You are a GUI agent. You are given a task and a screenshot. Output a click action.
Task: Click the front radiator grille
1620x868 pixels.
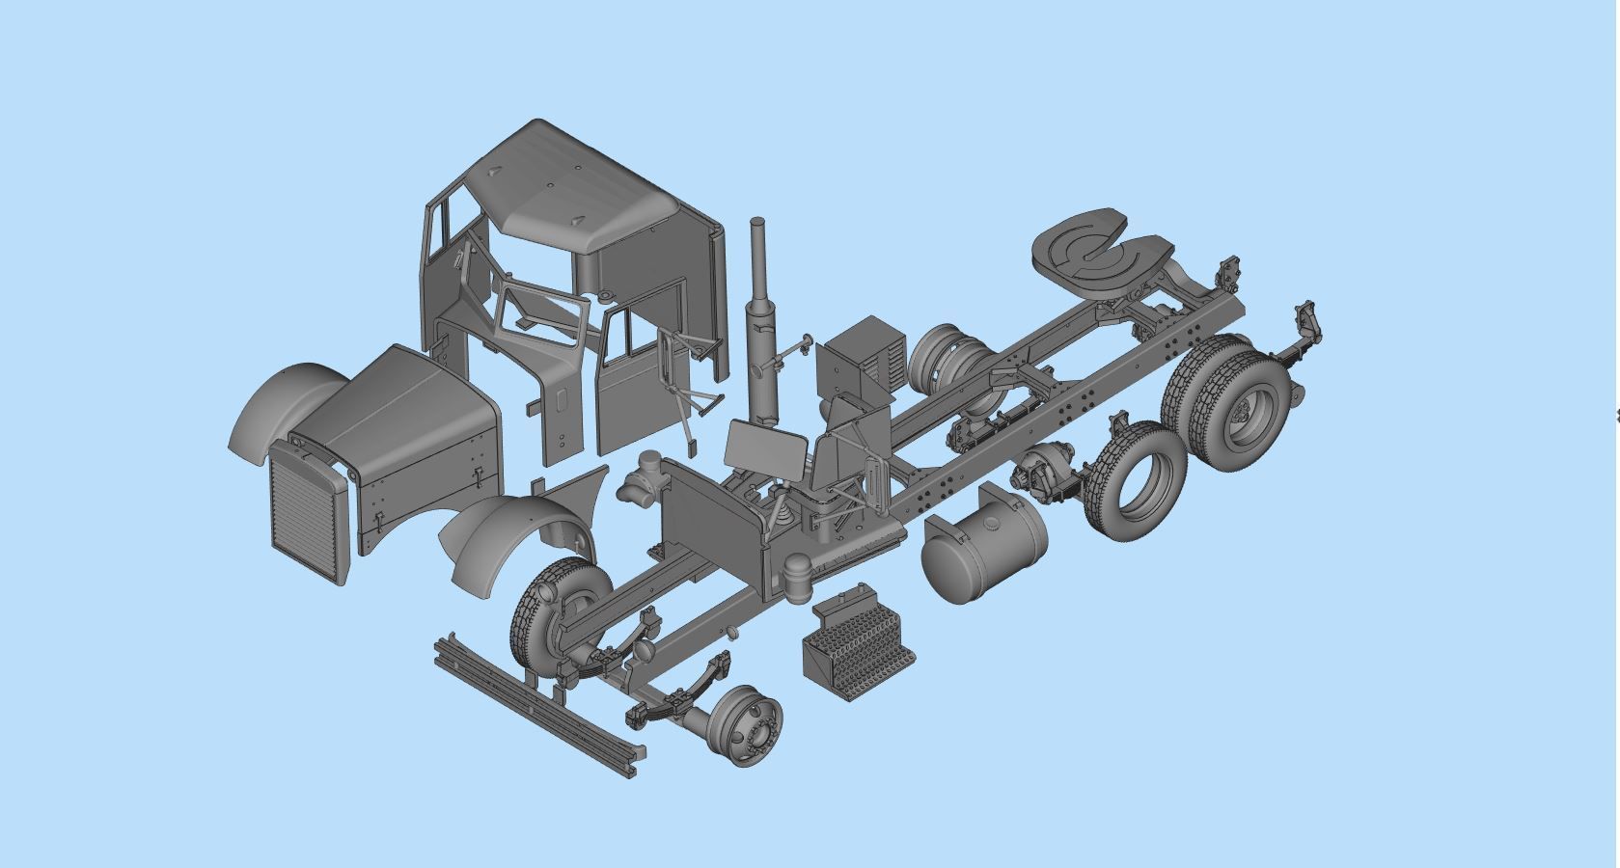[x=307, y=511]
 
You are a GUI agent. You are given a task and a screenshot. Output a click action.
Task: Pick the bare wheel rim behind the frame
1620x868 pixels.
[x=941, y=357]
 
